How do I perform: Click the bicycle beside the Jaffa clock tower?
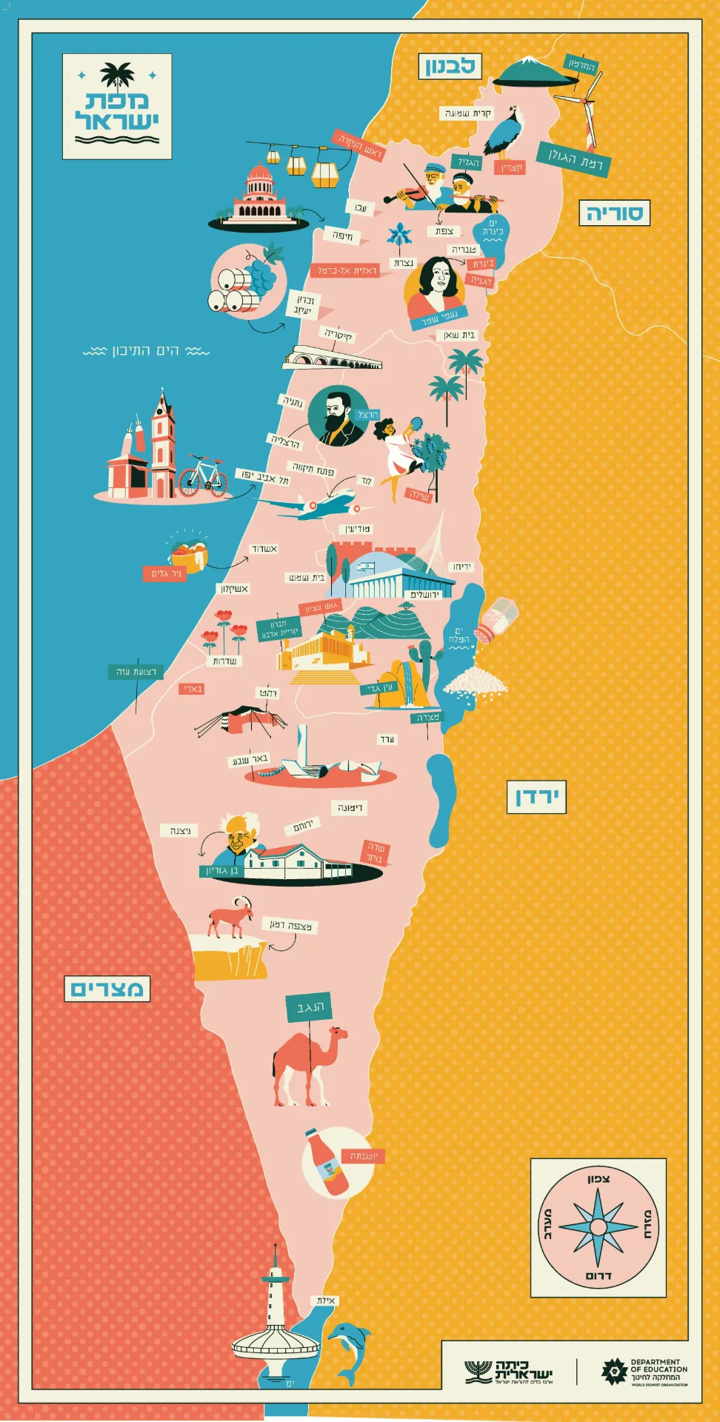click(202, 475)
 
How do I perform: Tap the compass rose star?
click(598, 1226)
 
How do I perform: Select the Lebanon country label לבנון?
click(450, 67)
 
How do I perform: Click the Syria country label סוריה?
click(614, 213)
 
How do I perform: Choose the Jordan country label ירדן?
click(536, 797)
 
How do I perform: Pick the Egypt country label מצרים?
click(107, 989)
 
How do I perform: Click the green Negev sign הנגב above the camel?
click(309, 1008)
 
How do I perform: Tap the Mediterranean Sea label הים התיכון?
click(146, 350)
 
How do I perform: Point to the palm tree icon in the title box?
click(117, 75)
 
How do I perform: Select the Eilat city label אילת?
click(326, 1301)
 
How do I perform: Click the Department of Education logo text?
click(658, 1371)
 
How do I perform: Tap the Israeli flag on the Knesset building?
click(365, 567)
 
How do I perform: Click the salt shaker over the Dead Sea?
click(496, 618)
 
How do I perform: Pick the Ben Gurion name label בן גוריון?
click(223, 871)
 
